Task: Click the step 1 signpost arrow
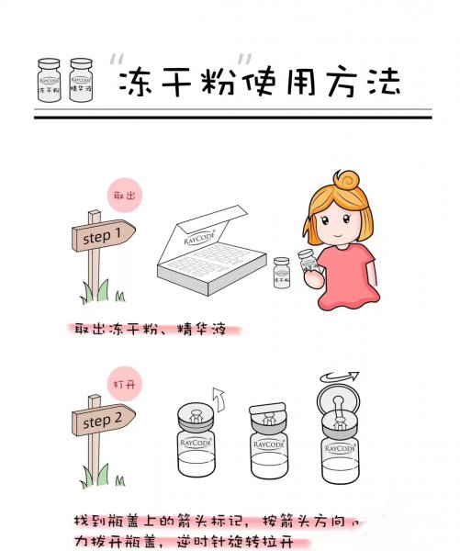103,236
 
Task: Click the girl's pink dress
342,275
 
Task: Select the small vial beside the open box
283,275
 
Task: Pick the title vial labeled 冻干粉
48,81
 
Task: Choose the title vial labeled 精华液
81,81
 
